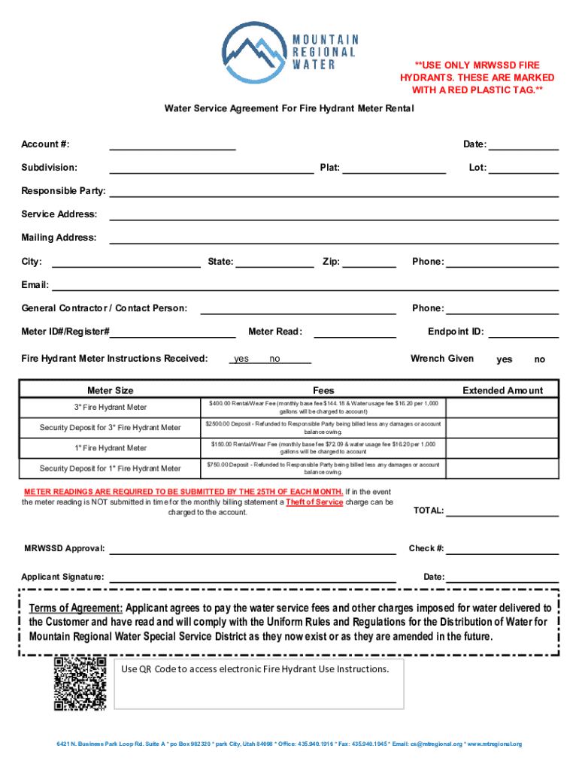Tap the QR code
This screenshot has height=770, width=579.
80,684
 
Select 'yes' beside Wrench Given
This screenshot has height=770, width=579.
505,359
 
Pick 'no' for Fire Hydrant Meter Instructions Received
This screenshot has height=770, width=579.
275,359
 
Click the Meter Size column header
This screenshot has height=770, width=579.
111,390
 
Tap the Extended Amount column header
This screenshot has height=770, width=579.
502,390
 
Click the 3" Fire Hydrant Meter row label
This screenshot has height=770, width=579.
111,408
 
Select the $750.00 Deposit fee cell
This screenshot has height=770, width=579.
323,468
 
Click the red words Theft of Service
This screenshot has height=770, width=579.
314,502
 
